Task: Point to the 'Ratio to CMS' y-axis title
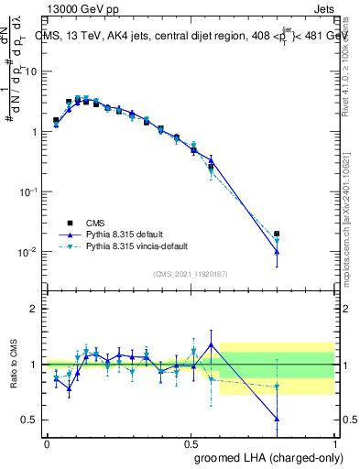[x=12, y=364]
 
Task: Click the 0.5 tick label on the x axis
[x=191, y=442]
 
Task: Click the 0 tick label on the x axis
[x=47, y=442]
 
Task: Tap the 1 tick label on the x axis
[x=334, y=442]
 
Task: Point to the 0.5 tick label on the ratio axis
[x=29, y=420]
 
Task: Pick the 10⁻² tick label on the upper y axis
[x=27, y=252]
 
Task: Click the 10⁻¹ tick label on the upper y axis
[x=27, y=191]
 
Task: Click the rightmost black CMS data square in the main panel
[x=277, y=234]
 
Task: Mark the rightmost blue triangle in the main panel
[x=277, y=251]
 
